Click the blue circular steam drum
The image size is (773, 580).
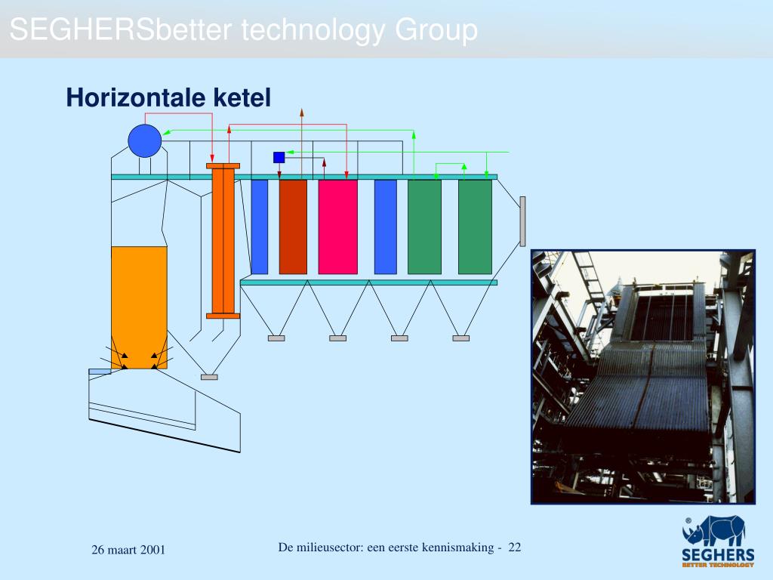144,140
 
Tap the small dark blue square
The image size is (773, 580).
279,157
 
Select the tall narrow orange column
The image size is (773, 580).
223,241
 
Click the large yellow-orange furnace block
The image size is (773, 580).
139,307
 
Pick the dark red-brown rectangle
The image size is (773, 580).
293,227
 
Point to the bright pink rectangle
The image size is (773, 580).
337,227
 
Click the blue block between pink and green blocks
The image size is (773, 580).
386,227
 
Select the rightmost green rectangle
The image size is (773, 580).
475,227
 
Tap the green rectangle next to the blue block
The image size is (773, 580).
424,227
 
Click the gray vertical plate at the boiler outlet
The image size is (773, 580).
522,221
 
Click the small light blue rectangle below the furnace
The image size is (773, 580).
100,372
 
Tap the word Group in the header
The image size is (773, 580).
436,30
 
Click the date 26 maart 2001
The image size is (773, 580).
128,550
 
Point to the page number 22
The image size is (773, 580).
515,547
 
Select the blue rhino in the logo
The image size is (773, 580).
714,531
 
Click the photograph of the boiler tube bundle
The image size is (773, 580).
643,377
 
